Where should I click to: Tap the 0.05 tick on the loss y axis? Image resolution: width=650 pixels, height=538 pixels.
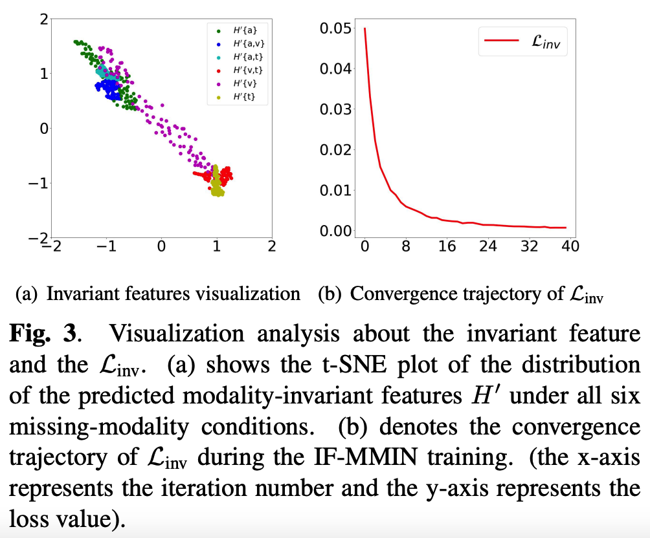point(336,28)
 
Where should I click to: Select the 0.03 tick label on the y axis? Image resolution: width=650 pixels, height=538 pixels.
point(336,109)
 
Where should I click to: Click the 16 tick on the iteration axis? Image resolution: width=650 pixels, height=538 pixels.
point(447,246)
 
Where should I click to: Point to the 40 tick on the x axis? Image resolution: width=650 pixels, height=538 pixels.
point(570,246)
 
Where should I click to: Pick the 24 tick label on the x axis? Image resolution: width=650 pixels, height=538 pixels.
point(488,246)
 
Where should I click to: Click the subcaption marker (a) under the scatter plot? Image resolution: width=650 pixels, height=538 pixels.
point(28,294)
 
